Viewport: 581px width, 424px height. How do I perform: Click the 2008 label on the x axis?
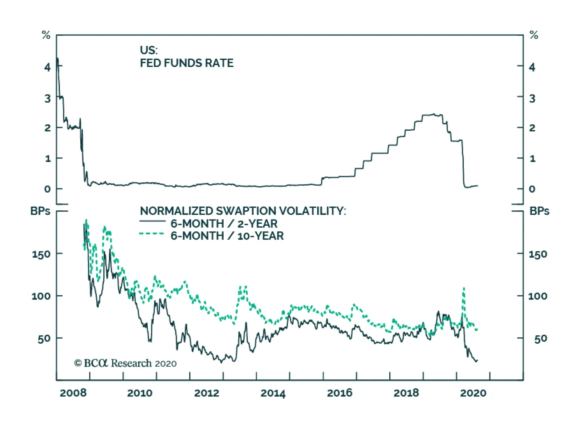73,393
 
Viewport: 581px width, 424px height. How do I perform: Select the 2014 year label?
273,393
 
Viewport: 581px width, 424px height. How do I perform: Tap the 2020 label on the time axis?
473,393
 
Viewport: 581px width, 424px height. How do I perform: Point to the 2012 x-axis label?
207,393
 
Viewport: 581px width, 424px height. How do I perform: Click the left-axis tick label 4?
48,67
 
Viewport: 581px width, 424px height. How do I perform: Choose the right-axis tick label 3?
532,98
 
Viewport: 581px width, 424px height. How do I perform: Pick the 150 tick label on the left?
41,254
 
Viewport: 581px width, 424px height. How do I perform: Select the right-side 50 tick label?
540,339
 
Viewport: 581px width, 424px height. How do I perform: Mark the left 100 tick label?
41,296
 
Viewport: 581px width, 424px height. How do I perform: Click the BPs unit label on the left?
40,211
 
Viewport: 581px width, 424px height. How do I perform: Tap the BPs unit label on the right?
539,211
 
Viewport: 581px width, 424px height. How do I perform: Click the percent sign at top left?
46,35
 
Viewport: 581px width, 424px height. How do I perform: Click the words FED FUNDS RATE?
187,63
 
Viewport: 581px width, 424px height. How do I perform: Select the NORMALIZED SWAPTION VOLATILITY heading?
243,211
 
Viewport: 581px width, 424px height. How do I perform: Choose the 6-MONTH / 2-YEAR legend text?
224,223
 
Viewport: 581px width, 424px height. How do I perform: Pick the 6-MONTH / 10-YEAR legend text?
227,236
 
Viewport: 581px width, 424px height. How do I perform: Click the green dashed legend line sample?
152,234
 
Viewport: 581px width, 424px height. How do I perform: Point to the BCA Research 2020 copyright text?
125,363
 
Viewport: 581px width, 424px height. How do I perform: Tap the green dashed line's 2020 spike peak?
464,288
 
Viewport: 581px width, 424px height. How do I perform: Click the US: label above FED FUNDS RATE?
149,50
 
